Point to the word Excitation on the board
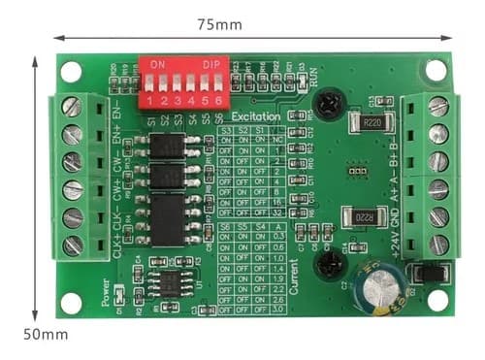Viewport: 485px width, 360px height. [256, 116]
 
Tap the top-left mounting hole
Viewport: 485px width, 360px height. [71, 70]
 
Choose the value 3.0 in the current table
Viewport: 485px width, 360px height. [277, 311]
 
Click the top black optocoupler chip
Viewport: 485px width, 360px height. [170, 147]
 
